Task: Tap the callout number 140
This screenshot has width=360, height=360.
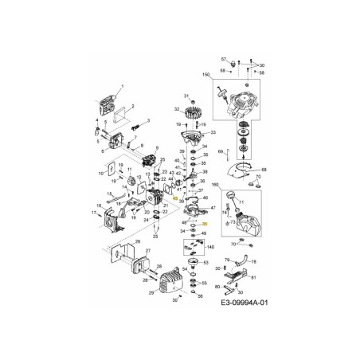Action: pos(209,248)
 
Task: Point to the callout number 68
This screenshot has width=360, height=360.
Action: pos(264,170)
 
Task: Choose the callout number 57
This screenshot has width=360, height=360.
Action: pos(224,58)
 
